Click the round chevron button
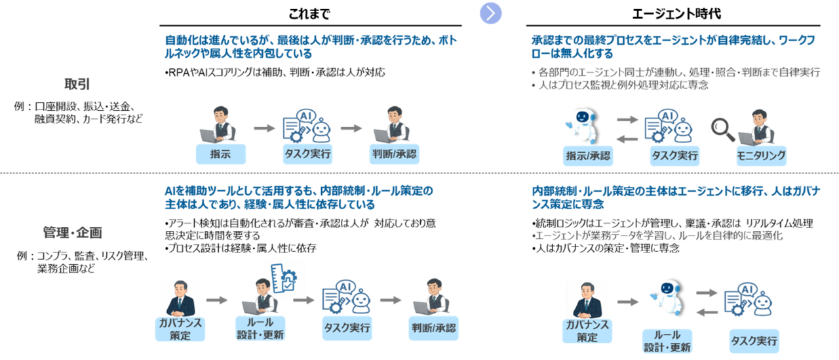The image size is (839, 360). (491, 12)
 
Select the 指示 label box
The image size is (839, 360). (220, 154)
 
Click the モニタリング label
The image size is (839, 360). (760, 155)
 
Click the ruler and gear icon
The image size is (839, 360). (280, 278)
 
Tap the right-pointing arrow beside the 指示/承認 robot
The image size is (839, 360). (627, 119)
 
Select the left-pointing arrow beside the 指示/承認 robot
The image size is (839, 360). (627, 138)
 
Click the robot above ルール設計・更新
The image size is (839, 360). (667, 298)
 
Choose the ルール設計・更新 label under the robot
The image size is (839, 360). (667, 341)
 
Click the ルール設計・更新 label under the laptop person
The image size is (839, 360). (260, 329)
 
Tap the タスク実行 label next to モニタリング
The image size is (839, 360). (674, 155)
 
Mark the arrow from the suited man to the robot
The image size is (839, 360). (627, 302)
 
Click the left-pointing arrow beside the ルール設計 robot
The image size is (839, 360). (706, 313)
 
